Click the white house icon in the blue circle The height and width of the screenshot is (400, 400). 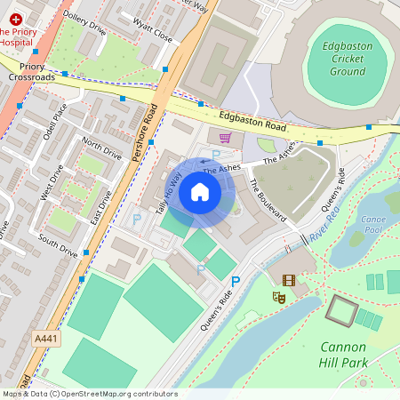(200, 192)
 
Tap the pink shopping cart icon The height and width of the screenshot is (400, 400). (225, 138)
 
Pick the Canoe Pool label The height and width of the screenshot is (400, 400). (374, 224)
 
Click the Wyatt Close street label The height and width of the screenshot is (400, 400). (152, 34)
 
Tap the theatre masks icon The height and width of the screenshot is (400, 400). (277, 300)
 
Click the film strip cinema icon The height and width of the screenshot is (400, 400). (288, 280)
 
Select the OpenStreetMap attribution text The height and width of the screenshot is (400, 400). (89, 394)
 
